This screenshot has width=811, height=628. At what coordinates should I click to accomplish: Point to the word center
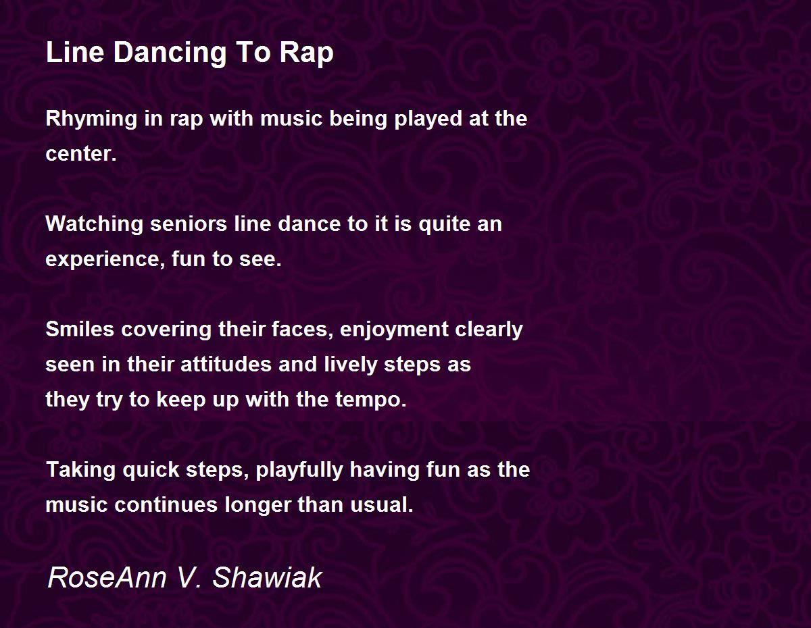click(x=80, y=154)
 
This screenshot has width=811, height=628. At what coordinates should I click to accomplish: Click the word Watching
click(x=94, y=224)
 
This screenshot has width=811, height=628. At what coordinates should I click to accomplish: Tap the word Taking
click(x=80, y=470)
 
